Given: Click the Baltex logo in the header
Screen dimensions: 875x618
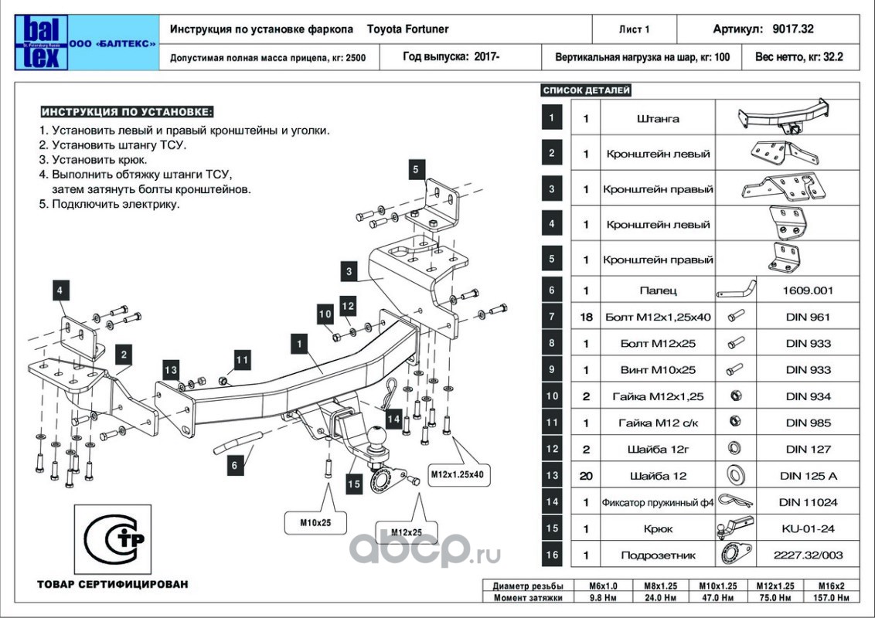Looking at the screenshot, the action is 41,43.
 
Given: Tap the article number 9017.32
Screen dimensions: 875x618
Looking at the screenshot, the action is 793,29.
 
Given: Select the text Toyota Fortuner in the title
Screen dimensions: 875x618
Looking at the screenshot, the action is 407,29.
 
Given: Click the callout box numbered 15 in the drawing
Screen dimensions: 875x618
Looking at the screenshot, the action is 354,484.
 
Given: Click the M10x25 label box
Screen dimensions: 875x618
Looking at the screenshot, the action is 316,523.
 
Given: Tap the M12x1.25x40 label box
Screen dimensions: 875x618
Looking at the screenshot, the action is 457,475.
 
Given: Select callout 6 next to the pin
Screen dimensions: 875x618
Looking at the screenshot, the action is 234,465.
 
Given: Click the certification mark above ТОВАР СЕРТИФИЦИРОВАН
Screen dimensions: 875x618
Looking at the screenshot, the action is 113,538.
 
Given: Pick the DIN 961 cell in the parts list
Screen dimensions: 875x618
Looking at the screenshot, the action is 808,317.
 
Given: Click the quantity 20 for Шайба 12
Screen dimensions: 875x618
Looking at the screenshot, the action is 586,476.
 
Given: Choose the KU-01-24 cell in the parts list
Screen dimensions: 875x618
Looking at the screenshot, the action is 808,528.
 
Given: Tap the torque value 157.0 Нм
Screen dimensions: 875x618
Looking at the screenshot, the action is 832,597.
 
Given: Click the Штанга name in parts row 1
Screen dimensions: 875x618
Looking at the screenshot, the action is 658,118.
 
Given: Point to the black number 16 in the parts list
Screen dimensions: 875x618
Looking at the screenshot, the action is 552,555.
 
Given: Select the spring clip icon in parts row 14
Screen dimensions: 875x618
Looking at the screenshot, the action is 736,501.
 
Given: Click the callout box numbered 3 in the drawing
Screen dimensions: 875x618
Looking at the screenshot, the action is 349,272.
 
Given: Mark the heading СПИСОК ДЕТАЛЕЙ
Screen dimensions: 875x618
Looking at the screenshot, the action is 587,90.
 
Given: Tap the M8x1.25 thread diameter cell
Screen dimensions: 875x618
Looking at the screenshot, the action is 661,586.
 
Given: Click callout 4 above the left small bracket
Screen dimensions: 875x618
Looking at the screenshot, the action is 60,290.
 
